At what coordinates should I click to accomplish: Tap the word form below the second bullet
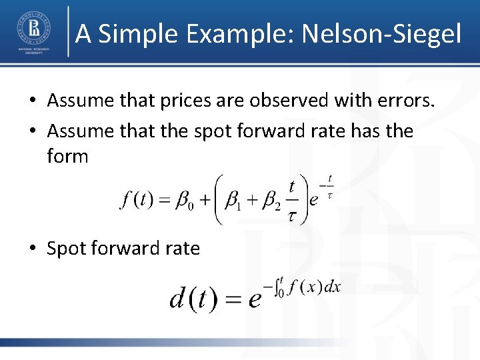point(67,156)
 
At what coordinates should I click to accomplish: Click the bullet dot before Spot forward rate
point(32,249)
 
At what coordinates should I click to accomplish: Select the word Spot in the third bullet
point(67,249)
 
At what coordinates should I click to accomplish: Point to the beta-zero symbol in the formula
point(183,200)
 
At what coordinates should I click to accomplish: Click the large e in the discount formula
point(254,300)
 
